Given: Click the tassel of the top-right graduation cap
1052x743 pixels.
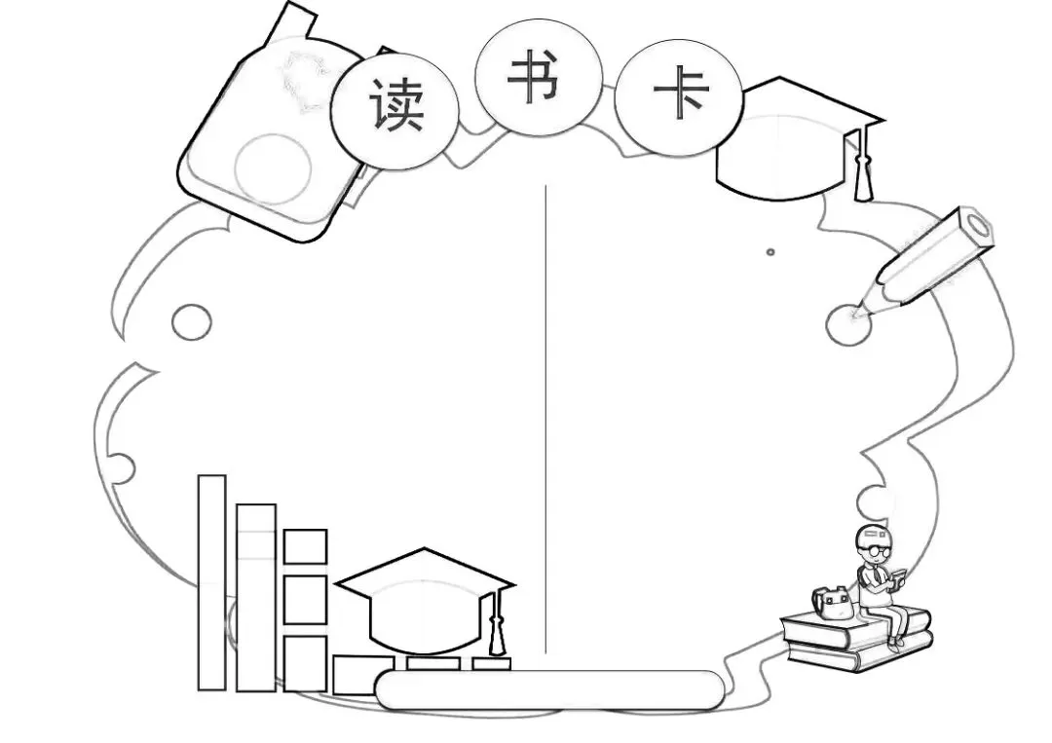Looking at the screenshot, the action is click(x=862, y=175).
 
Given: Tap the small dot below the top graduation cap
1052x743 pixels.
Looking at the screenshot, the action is click(x=770, y=252).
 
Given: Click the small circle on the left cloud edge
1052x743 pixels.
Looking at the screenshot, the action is click(x=191, y=322).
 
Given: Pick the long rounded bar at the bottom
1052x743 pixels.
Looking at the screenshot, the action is click(x=549, y=689).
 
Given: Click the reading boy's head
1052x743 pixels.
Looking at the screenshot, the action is click(x=874, y=541).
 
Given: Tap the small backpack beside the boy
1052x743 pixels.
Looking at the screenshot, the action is click(x=834, y=605).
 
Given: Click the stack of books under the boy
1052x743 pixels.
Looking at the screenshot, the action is click(x=857, y=642).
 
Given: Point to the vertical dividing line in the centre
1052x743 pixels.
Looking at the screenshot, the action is click(x=545, y=419).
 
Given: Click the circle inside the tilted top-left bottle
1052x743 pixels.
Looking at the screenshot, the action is click(x=273, y=168).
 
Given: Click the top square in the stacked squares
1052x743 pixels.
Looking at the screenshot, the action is click(x=305, y=546).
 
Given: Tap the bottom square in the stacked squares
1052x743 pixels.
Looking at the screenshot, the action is click(x=305, y=662).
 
